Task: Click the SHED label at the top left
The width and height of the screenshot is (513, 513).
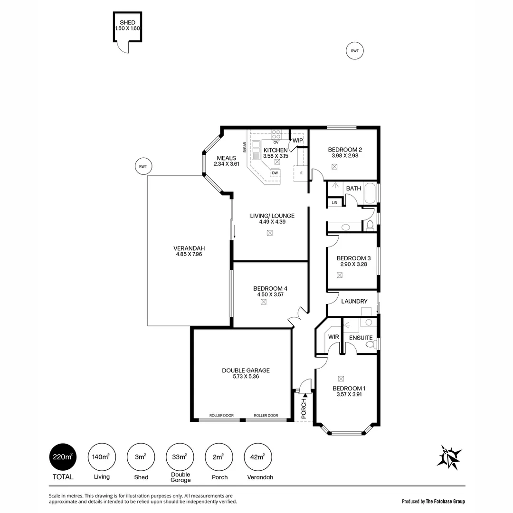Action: tap(127, 22)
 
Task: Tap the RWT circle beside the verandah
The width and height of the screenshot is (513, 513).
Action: tap(143, 166)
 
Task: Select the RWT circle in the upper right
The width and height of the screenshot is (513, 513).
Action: tap(354, 51)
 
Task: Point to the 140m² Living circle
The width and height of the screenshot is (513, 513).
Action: tap(102, 457)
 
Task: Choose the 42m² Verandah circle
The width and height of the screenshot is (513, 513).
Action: tap(257, 457)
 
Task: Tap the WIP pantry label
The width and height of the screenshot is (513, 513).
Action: tap(297, 141)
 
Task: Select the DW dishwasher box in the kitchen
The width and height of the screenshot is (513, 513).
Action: tap(275, 173)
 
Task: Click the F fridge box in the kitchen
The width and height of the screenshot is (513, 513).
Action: tap(301, 173)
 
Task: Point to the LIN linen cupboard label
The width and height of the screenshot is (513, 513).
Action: tap(334, 203)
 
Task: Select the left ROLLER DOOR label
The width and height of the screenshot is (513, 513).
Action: tap(222, 416)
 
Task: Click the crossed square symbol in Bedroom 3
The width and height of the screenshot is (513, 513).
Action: tap(339, 275)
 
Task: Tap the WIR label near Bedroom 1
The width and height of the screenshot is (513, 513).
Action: tap(333, 337)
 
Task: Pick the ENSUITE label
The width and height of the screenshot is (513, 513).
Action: tap(361, 338)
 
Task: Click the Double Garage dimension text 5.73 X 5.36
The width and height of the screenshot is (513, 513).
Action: tap(246, 377)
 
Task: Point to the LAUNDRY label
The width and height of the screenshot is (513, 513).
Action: tap(354, 301)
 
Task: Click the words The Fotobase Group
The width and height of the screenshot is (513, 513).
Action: tap(445, 501)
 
